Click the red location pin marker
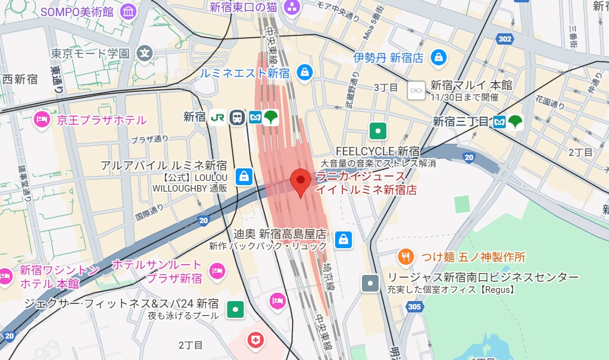tap(301, 181)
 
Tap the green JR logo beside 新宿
tap(218, 117)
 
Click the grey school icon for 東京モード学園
tap(145, 54)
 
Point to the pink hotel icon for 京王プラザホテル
tap(42, 120)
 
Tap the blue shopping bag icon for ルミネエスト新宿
tap(305, 72)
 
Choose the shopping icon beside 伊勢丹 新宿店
tap(439, 58)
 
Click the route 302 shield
tap(505, 39)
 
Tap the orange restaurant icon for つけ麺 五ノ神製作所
tap(406, 257)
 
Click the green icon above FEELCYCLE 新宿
tap(377, 131)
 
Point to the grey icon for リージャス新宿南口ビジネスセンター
tap(371, 283)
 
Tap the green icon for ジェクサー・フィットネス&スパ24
tap(236, 309)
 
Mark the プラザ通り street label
tap(149, 140)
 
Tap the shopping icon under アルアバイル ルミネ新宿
tap(244, 176)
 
